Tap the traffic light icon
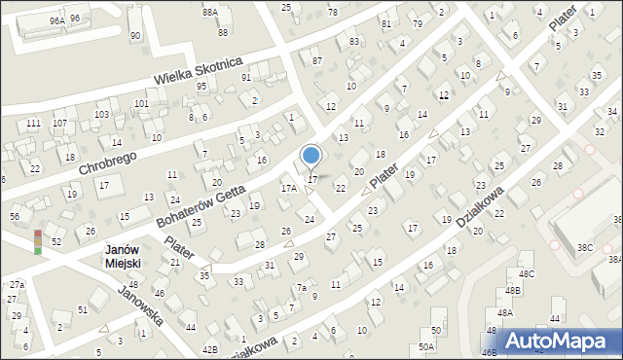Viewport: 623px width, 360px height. click(x=38, y=242)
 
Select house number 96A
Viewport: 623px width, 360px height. click(x=56, y=20)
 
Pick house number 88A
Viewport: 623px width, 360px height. click(x=209, y=13)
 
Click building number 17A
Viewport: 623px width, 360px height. click(x=289, y=188)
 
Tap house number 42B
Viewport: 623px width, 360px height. click(x=209, y=347)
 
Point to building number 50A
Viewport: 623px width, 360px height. click(x=426, y=346)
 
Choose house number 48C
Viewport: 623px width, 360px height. click(x=527, y=274)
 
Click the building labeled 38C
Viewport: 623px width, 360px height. click(x=584, y=247)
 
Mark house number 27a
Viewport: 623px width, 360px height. click(x=17, y=284)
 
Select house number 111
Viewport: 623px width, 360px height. click(x=33, y=124)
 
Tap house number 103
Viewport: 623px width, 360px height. click(x=101, y=115)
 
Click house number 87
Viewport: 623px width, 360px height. click(x=316, y=61)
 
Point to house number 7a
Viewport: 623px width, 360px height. click(x=303, y=288)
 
